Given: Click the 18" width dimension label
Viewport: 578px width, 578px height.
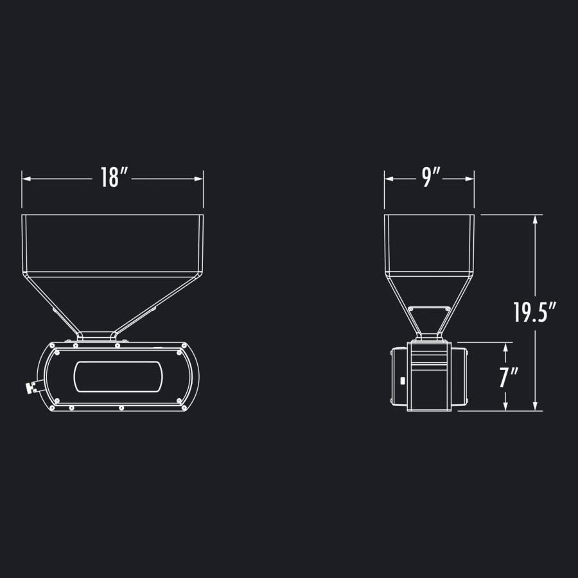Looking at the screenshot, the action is point(114,177).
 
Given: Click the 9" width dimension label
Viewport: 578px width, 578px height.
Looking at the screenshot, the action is point(431,177).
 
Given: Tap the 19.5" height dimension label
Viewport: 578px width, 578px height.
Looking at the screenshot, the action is point(535,312).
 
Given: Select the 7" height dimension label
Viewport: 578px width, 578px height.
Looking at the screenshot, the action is point(509,377).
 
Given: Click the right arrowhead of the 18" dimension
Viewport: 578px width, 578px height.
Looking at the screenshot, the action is point(198,179).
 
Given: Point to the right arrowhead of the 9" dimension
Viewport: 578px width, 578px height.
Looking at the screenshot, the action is point(469,179).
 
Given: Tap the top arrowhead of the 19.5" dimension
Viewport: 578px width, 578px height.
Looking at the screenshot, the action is point(535,220).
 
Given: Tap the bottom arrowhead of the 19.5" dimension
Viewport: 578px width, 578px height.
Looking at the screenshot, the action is point(535,406).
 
